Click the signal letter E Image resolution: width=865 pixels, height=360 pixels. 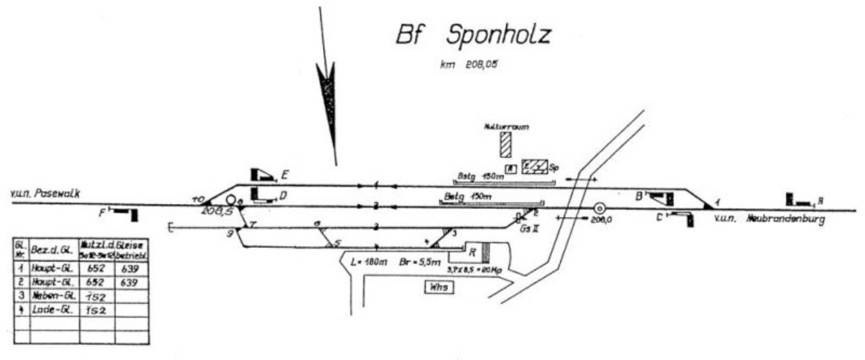(285, 176)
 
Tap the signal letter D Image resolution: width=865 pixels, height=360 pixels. (285, 196)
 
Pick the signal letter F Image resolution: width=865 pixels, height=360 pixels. (102, 212)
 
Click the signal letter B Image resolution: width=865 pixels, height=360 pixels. (638, 196)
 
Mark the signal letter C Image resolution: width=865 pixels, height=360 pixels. (658, 217)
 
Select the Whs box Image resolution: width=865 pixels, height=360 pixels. (437, 288)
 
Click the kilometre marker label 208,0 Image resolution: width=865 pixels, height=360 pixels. (599, 220)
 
